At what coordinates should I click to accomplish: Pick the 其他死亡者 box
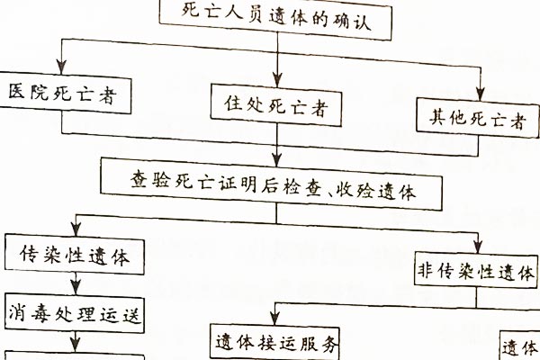pyautogui.click(x=477, y=117)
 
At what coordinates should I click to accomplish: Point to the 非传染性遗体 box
pyautogui.click(x=475, y=271)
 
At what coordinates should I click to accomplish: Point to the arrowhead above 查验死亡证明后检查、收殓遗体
pyautogui.click(x=276, y=152)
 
